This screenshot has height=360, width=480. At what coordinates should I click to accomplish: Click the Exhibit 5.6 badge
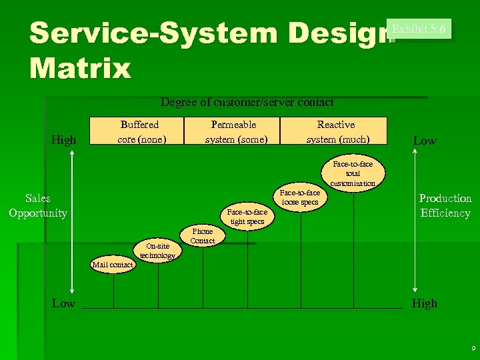pos(421,29)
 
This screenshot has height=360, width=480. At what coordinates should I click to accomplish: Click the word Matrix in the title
pos(81,68)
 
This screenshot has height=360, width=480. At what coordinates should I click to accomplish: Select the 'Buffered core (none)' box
pos(139,131)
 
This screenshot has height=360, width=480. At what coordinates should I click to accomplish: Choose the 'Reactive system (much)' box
pos(335,131)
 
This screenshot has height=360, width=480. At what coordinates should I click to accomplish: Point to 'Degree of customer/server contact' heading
pos(247,102)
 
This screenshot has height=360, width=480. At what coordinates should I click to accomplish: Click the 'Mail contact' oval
pos(113,265)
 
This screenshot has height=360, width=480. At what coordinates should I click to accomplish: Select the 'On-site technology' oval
pos(157,251)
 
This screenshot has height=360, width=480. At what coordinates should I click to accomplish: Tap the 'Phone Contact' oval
pos(202,236)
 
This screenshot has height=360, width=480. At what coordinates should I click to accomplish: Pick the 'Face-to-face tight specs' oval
pos(247,217)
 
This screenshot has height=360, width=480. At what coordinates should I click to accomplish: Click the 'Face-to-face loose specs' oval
pos(300,197)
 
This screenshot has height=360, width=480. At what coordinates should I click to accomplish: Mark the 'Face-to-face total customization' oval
pos(353,173)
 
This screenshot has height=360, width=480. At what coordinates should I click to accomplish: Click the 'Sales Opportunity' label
pos(38,205)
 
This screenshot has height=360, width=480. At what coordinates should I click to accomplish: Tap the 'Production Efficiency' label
pos(445,205)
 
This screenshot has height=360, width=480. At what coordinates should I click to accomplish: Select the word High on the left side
pos(64,140)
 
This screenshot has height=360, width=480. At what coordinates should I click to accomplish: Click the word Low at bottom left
pos(63,303)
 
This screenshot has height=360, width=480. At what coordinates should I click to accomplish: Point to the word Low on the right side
pos(425,141)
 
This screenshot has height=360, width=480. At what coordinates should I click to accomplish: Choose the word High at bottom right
pos(425,303)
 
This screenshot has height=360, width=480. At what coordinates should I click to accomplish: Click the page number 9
pos(473,349)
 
